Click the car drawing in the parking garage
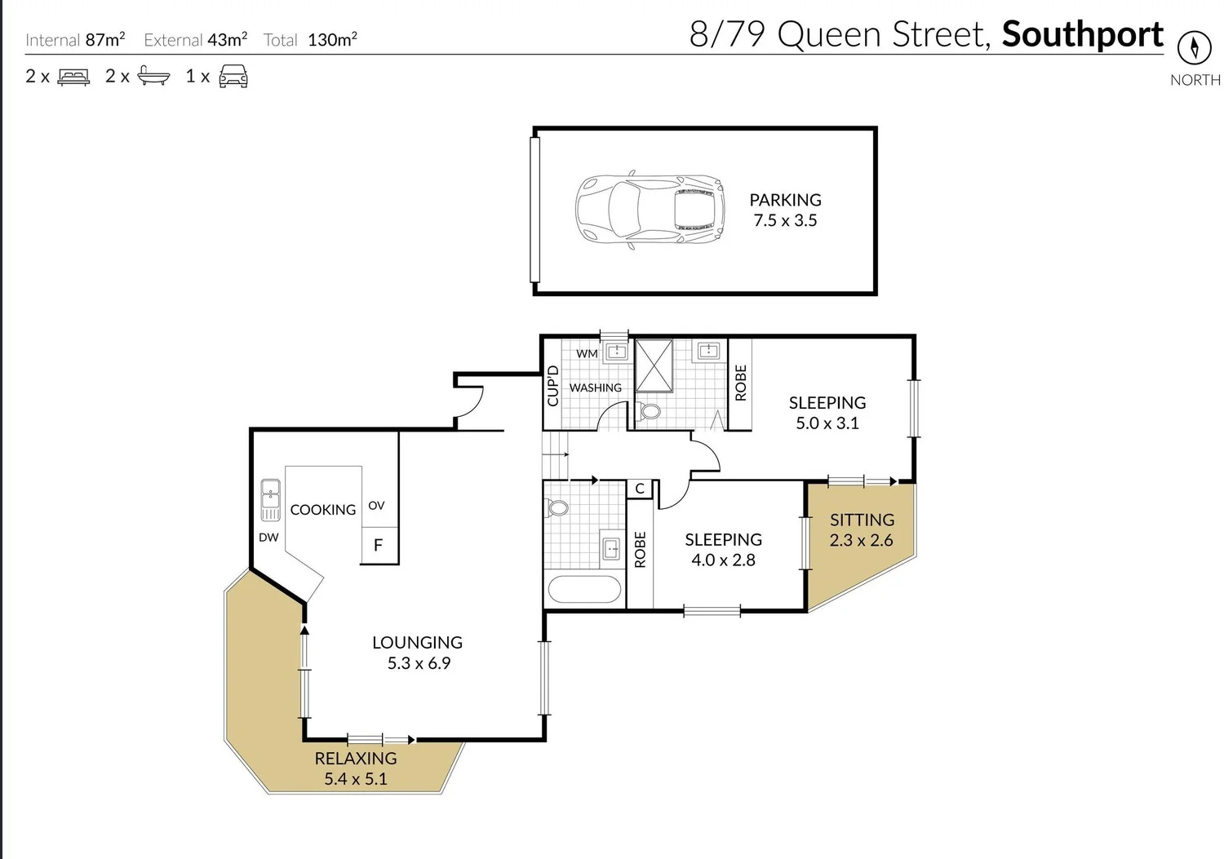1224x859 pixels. tap(650, 210)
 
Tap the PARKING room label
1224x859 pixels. tap(785, 200)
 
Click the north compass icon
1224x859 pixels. tap(1194, 48)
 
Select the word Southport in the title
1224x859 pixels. tap(1082, 34)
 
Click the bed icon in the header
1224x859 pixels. tap(73, 77)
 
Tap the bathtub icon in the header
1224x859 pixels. tap(153, 76)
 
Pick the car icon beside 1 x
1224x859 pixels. tap(233, 76)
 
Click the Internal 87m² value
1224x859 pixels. tap(105, 39)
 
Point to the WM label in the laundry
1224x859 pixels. tap(587, 353)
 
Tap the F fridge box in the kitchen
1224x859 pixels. tap(379, 545)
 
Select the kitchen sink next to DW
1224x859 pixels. tap(270, 500)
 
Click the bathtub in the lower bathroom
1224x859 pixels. tap(584, 590)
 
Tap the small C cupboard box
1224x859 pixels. tap(640, 489)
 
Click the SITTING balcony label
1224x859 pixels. tap(862, 520)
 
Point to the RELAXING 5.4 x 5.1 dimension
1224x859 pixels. tap(356, 778)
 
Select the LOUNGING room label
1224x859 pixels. tap(417, 643)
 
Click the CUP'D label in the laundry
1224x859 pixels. tap(553, 385)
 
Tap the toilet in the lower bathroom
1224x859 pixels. tap(558, 508)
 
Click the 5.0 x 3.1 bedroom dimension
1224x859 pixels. tap(827, 423)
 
